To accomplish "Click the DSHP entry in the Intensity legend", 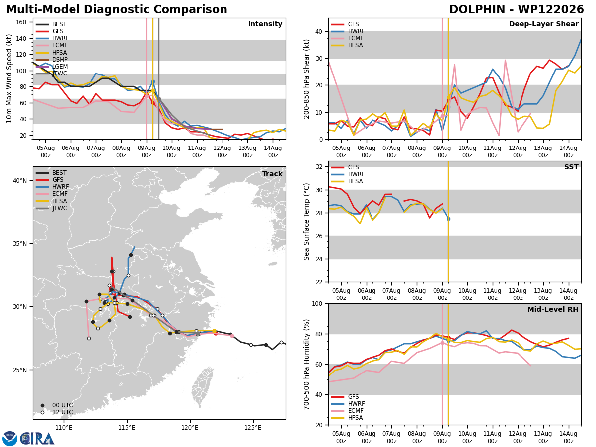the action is pyautogui.click(x=52, y=60).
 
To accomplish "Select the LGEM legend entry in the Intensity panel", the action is pyautogui.click(x=52, y=67).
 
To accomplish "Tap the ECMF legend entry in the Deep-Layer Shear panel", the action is pyautogui.click(x=347, y=38).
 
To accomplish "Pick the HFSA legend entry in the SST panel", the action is pyautogui.click(x=347, y=181).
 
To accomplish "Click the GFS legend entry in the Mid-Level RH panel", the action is pyautogui.click(x=345, y=397).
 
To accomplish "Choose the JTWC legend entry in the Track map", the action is pyautogui.click(x=51, y=208).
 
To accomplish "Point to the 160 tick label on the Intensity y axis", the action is pyautogui.click(x=21, y=22).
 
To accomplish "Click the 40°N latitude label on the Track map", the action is pyautogui.click(x=20, y=180).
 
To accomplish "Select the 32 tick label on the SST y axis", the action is pyautogui.click(x=319, y=167).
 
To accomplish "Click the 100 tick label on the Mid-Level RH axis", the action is pyautogui.click(x=317, y=303).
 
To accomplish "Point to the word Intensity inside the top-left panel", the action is pyautogui.click(x=265, y=24).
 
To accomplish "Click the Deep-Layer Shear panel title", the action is pyautogui.click(x=543, y=24).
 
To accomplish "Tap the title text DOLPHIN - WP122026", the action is pyautogui.click(x=517, y=9).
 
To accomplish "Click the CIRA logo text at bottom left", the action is pyautogui.click(x=37, y=438).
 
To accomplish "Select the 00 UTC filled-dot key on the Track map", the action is pyautogui.click(x=42, y=405).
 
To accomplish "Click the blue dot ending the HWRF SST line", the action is pyautogui.click(x=448, y=219).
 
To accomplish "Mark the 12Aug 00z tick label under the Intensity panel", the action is pyautogui.click(x=223, y=151).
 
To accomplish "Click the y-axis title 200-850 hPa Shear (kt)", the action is pyautogui.click(x=306, y=79).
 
